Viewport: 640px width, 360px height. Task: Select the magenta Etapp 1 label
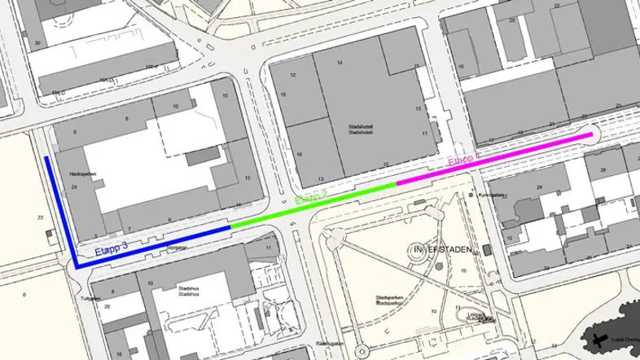pyautogui.click(x=465, y=160)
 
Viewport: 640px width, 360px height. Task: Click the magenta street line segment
pyautogui.click(x=489, y=159)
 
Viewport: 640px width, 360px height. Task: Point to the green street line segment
pyautogui.click(x=313, y=206)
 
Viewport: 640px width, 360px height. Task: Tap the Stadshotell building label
pyautogui.click(x=359, y=130)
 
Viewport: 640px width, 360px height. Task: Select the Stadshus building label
pyautogui.click(x=190, y=291)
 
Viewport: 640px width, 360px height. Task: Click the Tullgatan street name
pyautogui.click(x=90, y=298)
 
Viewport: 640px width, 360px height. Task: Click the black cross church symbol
pyautogui.click(x=600, y=340)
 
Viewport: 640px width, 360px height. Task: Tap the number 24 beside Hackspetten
pyautogui.click(x=74, y=187)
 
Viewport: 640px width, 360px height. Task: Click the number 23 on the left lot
pyautogui.click(x=39, y=217)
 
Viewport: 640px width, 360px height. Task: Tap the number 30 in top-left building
pyautogui.click(x=37, y=42)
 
